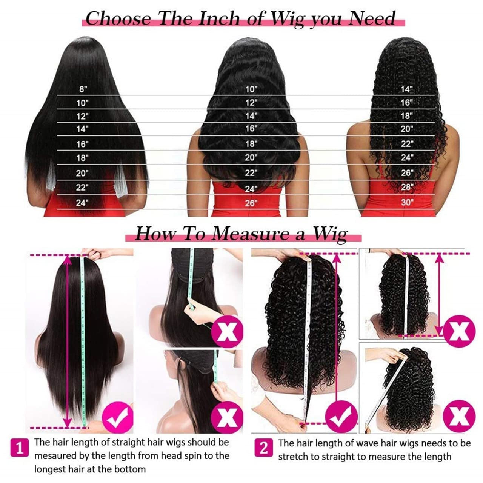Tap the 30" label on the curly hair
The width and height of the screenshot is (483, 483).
coord(407,202)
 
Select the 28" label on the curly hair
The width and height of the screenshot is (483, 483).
coord(407,187)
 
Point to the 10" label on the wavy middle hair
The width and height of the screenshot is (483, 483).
coord(251,89)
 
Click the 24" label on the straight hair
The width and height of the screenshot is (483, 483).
coord(82,203)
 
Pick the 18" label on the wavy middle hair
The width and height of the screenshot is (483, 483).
coord(251,144)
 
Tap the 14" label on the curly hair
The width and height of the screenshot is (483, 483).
coord(407,89)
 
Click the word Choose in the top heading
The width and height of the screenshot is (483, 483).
coord(118,18)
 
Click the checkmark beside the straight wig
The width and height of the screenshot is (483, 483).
coord(118,418)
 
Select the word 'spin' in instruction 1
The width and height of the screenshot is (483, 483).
coord(192,455)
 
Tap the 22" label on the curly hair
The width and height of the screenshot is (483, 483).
coord(407,144)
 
